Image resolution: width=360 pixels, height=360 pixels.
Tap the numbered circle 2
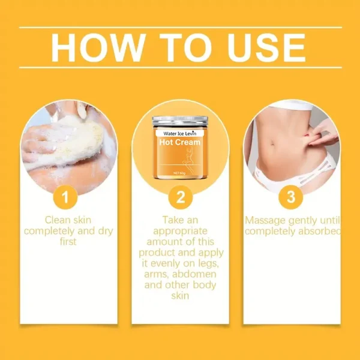point(180,197)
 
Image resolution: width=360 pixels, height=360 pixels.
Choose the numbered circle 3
point(291,197)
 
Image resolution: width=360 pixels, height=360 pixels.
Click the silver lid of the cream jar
point(180,121)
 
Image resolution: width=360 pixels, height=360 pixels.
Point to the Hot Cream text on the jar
point(180,142)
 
